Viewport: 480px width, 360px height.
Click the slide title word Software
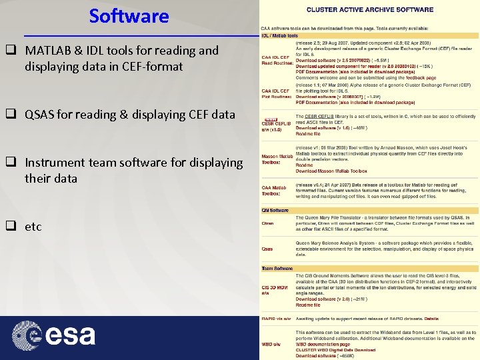(x=129, y=15)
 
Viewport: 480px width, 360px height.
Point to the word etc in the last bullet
(x=33, y=227)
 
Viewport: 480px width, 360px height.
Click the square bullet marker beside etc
(x=11, y=227)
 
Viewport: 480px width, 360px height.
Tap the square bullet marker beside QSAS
(x=11, y=115)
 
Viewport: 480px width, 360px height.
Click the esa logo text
(x=71, y=335)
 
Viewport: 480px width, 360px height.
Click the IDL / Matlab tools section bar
(x=279, y=35)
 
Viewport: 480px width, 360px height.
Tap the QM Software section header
(x=275, y=211)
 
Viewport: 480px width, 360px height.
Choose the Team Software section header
(x=277, y=268)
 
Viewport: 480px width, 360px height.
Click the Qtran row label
(x=267, y=223)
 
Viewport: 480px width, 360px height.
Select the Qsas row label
(x=267, y=249)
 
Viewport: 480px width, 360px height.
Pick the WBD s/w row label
(x=270, y=344)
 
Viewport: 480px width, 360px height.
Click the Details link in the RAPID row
(x=432, y=318)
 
